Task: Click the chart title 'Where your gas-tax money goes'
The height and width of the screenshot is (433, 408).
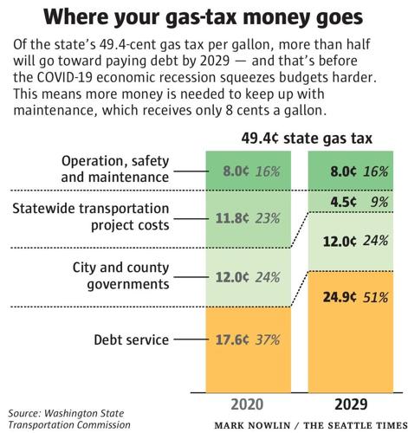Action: click(204, 17)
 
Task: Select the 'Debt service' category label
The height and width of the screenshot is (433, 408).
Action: click(133, 340)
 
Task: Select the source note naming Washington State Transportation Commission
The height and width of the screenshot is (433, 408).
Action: click(69, 419)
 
